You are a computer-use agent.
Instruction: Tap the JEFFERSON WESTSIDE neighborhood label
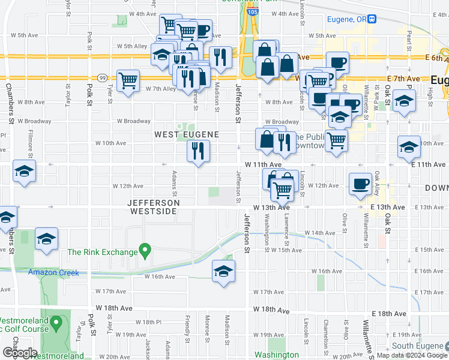tap(154, 207)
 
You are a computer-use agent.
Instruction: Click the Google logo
tap(20, 353)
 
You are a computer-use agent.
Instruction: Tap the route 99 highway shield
tap(102, 78)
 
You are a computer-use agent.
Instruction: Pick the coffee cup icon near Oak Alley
tap(360, 184)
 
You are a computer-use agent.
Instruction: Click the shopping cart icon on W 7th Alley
tap(128, 81)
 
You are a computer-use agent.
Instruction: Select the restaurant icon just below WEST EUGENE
tap(198, 151)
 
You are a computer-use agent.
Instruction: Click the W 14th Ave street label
tap(319, 232)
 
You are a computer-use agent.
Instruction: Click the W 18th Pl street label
tap(145, 322)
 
